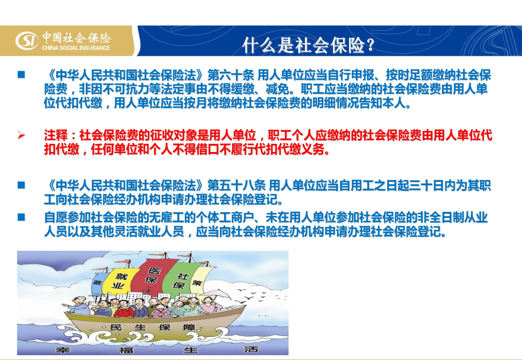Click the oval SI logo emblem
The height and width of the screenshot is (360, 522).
[x=27, y=40]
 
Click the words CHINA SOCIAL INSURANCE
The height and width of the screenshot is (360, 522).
[x=76, y=48]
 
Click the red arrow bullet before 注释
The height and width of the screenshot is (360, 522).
[x=21, y=135]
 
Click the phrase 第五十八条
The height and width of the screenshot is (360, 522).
[x=237, y=185]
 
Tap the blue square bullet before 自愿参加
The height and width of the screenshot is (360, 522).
[x=21, y=217]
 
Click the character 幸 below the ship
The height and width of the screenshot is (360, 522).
[x=62, y=350]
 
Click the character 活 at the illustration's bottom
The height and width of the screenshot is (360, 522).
[x=251, y=349]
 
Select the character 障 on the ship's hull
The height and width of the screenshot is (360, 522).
[x=189, y=327]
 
